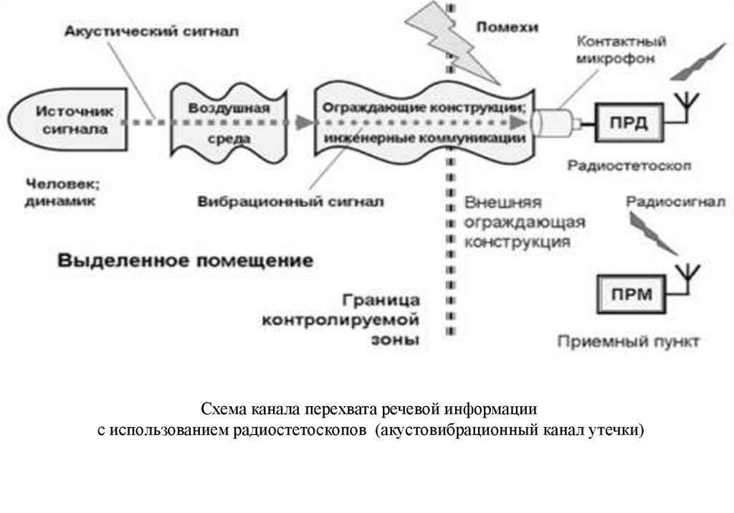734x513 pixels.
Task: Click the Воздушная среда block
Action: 228,122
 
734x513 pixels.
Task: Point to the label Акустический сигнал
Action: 151,32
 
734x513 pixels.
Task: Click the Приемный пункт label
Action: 628,341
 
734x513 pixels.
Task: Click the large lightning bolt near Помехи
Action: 459,43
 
